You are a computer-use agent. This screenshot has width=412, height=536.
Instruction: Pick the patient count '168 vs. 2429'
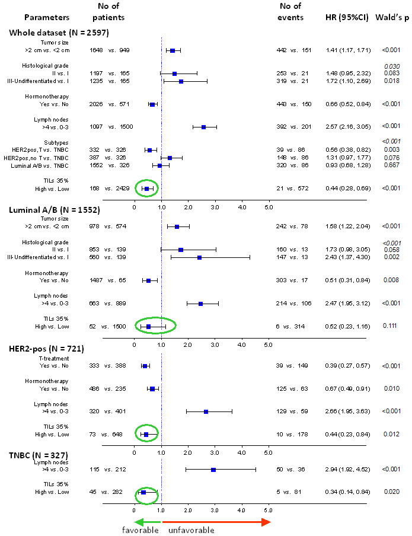click(110, 189)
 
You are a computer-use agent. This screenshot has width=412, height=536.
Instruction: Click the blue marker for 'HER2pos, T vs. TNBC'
click(149, 150)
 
